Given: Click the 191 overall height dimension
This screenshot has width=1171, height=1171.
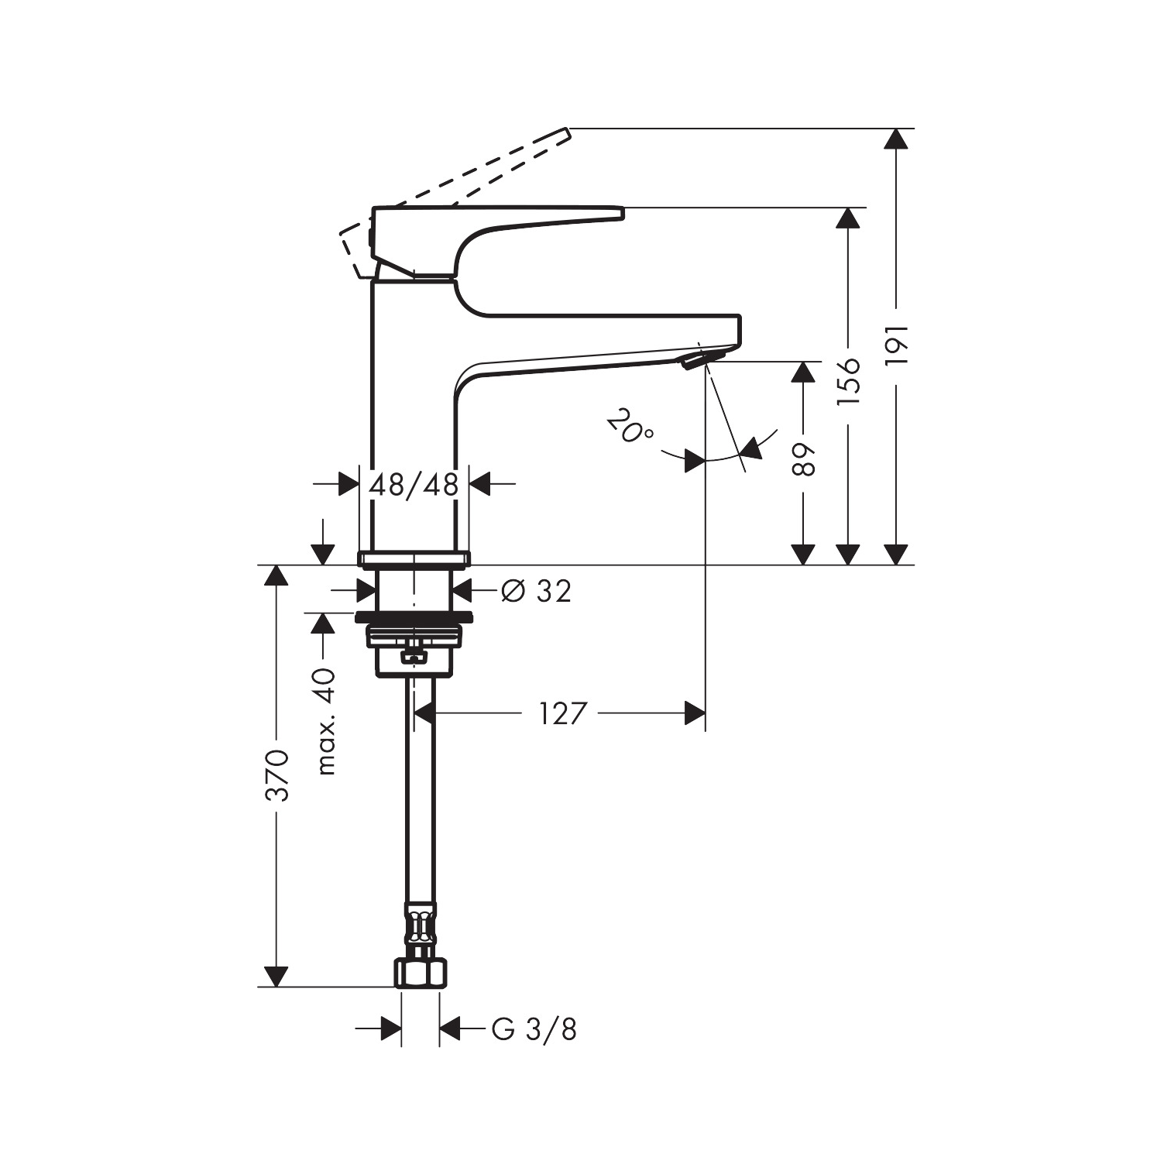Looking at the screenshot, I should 896,345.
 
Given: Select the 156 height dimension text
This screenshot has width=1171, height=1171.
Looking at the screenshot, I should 849,381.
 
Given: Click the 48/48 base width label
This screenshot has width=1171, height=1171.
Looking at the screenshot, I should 414,485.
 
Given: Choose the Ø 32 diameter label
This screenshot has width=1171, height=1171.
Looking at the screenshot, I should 536,591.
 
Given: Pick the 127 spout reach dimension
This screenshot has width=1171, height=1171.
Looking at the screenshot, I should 563,713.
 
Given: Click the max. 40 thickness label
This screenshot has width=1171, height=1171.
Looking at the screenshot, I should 327,721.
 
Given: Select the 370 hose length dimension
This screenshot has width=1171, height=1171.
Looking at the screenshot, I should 277,775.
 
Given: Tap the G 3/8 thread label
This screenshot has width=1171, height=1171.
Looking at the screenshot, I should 534,1029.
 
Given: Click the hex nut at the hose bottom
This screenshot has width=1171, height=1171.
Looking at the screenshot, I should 421,973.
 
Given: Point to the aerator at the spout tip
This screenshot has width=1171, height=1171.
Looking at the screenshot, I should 702,358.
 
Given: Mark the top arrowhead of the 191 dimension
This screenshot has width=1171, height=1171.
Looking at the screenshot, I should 896,139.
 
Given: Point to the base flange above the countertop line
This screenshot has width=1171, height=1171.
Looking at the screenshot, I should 414,558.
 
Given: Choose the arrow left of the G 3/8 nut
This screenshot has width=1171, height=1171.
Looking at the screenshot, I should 390,1029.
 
